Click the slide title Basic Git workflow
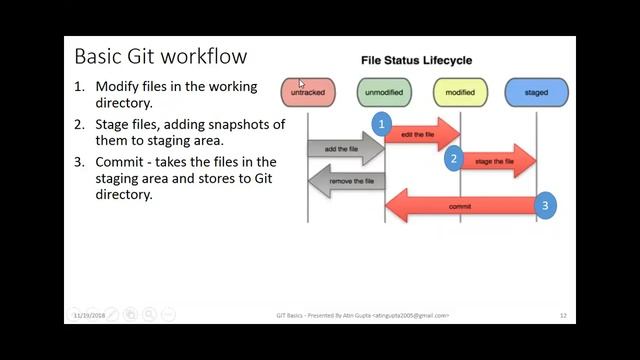pyautogui.click(x=160, y=55)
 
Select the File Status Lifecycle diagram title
pyautogui.click(x=416, y=61)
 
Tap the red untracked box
pyautogui.click(x=307, y=92)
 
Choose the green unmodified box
pyautogui.click(x=383, y=92)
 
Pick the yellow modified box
pyautogui.click(x=460, y=92)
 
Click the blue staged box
pyautogui.click(x=536, y=92)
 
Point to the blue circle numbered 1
pyautogui.click(x=381, y=123)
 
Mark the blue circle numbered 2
pyautogui.click(x=453, y=158)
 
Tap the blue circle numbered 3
pyautogui.click(x=544, y=206)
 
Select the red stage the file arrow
pyautogui.click(x=498, y=161)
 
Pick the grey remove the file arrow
pyautogui.click(x=346, y=181)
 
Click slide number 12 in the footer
pyautogui.click(x=563, y=315)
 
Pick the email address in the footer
pyautogui.click(x=411, y=315)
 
